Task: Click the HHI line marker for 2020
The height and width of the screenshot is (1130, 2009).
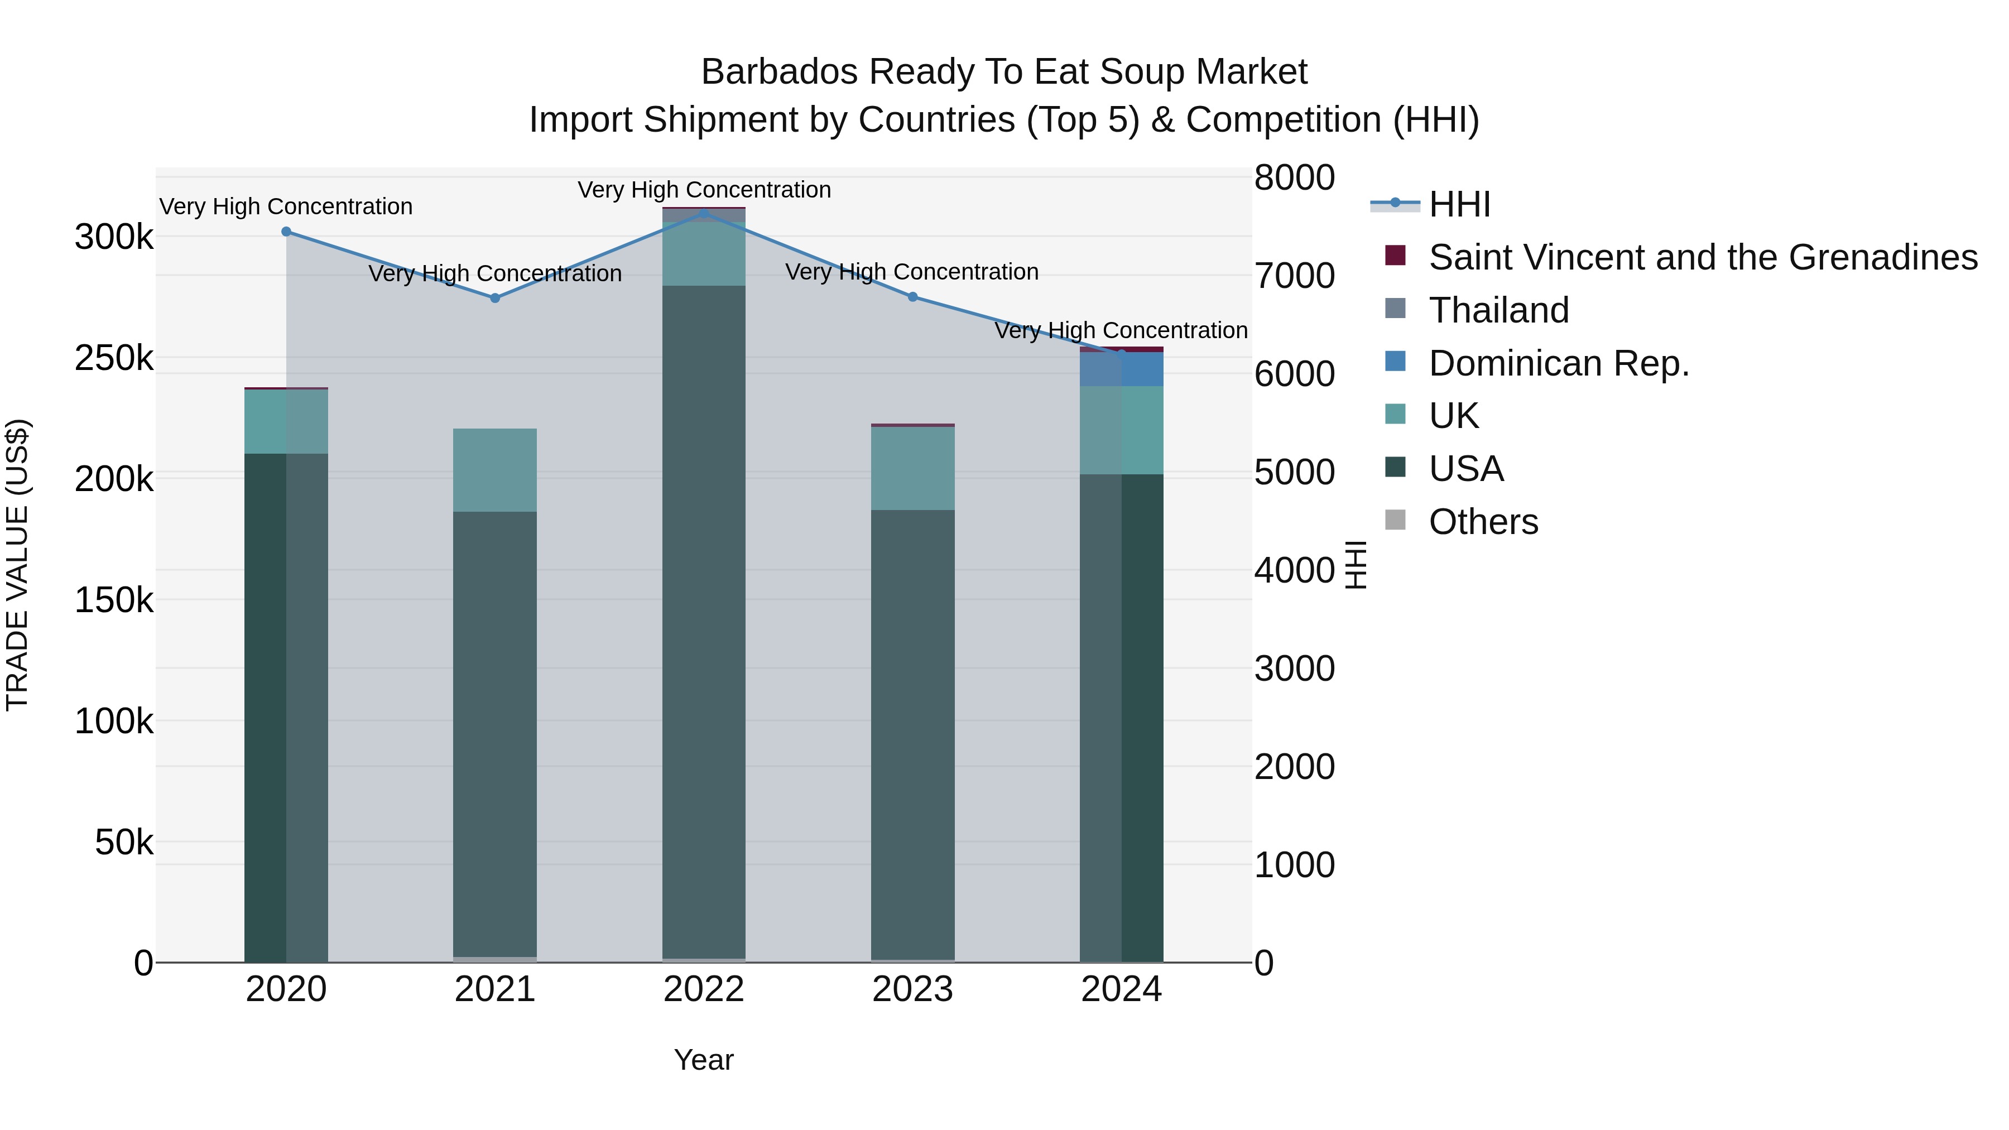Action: [286, 232]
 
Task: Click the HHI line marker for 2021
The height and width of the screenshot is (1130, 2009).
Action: [494, 298]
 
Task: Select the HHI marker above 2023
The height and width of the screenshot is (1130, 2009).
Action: [912, 296]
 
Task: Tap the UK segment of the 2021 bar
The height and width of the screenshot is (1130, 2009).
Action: [494, 470]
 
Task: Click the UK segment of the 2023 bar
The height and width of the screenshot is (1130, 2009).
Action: [912, 469]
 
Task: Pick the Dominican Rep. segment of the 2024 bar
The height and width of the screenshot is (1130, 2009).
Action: [1122, 369]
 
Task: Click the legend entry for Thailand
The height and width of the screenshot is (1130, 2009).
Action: [1497, 310]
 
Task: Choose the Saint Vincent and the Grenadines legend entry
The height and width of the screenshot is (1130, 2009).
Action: [1703, 257]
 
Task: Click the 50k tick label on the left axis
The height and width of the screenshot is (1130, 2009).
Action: [124, 842]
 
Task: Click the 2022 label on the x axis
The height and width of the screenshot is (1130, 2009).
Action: [704, 989]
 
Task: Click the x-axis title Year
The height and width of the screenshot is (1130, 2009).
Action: [704, 1060]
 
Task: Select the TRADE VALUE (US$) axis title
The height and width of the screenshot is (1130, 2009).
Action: [17, 565]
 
